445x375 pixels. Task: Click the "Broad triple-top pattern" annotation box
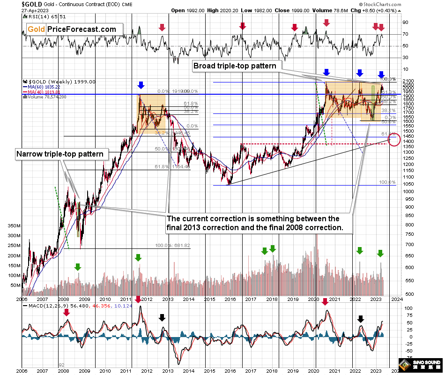pyautogui.click(x=235, y=66)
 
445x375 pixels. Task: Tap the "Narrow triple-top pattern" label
pyautogui.click(x=59, y=153)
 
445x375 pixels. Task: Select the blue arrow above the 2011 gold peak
pyautogui.click(x=140, y=85)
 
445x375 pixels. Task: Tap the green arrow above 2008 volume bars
pyautogui.click(x=78, y=266)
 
